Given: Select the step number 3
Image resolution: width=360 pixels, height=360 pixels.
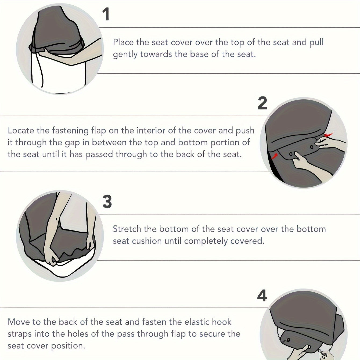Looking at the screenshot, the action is coord(107,201).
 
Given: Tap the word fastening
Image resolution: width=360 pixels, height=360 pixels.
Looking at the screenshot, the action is coord(70,131).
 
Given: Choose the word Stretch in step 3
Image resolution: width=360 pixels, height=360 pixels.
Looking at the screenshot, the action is coord(127,229).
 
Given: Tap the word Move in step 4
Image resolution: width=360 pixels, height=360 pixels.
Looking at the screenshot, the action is coord(19,322).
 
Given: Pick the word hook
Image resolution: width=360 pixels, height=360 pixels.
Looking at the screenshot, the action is coord(223,322).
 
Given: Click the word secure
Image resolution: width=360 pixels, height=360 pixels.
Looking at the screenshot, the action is coord(212,334).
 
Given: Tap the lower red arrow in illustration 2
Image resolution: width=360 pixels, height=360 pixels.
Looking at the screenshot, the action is coord(274,156).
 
